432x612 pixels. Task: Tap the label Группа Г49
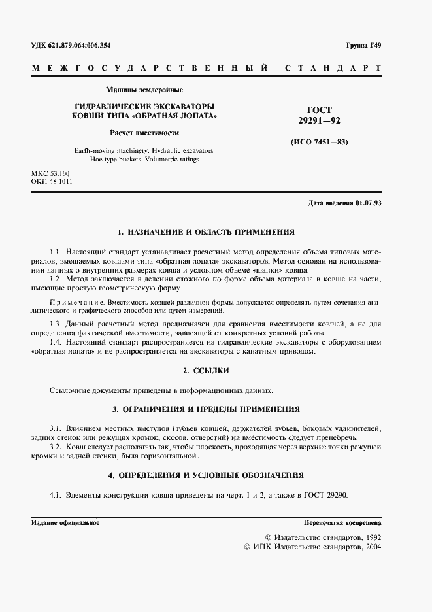click(364, 45)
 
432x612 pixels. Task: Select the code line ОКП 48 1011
click(52, 182)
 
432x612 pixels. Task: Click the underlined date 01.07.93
click(369, 203)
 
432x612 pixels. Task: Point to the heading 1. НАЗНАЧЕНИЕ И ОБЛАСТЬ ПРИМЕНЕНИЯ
click(206, 231)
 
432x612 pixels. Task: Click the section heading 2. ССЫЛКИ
click(206, 371)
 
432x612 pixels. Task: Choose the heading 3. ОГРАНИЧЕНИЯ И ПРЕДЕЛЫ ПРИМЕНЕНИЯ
click(206, 409)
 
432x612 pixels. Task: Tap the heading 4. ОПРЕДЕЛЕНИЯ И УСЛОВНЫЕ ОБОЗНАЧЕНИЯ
click(206, 475)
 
